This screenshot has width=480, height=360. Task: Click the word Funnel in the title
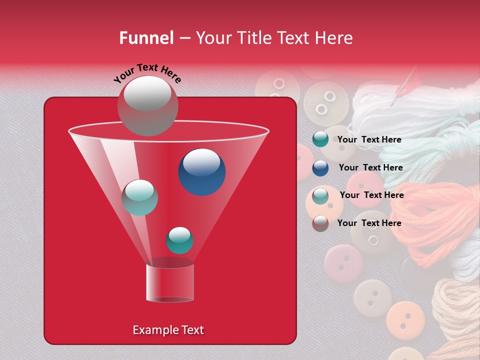click(x=146, y=38)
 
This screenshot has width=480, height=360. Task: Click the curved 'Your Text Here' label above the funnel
click(x=147, y=73)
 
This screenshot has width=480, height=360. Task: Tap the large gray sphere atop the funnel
click(x=147, y=105)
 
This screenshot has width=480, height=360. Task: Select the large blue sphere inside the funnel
click(x=201, y=172)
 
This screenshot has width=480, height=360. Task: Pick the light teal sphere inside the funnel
click(x=139, y=197)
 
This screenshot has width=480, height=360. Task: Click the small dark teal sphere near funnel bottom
click(x=179, y=240)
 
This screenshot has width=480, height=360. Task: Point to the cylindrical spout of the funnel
click(x=170, y=282)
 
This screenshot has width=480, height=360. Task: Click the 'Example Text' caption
click(x=168, y=330)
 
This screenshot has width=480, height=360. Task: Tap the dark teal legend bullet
click(x=320, y=139)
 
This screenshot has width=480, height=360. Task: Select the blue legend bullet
click(x=320, y=167)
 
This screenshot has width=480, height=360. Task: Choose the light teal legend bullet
click(x=320, y=195)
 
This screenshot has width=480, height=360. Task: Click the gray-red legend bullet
click(x=320, y=223)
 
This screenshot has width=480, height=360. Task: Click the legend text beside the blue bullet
click(x=370, y=167)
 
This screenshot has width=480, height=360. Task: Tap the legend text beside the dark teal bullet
click(x=369, y=139)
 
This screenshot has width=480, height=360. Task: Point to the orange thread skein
click(x=435, y=215)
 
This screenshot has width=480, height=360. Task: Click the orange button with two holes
click(x=405, y=318)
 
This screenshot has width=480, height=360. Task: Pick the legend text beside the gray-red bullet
click(x=369, y=223)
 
